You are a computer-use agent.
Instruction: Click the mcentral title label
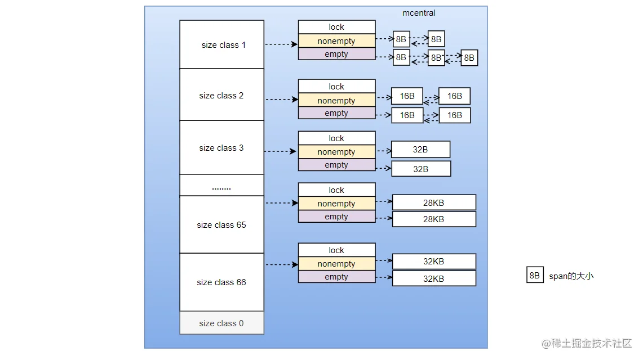[419, 13]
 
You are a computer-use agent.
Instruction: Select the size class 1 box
[222, 44]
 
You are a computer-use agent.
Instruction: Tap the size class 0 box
[222, 323]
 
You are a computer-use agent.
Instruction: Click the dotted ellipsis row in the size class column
[222, 185]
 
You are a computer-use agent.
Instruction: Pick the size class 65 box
[222, 224]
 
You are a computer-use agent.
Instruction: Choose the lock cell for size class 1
[336, 27]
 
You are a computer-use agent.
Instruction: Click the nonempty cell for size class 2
[336, 100]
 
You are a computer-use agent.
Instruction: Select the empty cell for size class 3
[336, 164]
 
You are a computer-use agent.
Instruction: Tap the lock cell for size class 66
[336, 250]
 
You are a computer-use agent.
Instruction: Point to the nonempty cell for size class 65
[336, 203]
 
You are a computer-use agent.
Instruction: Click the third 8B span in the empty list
[469, 58]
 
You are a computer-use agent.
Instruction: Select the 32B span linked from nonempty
[421, 149]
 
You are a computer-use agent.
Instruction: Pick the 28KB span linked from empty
[434, 219]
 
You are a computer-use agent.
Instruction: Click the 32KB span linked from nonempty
[434, 262]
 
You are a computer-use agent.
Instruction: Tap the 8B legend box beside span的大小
[535, 275]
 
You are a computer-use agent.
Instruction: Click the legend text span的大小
[571, 276]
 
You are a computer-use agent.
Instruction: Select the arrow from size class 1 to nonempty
[281, 44]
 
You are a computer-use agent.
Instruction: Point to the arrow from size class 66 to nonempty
[282, 265]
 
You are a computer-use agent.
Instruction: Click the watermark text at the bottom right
[587, 343]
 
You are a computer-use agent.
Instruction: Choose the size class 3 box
[222, 147]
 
